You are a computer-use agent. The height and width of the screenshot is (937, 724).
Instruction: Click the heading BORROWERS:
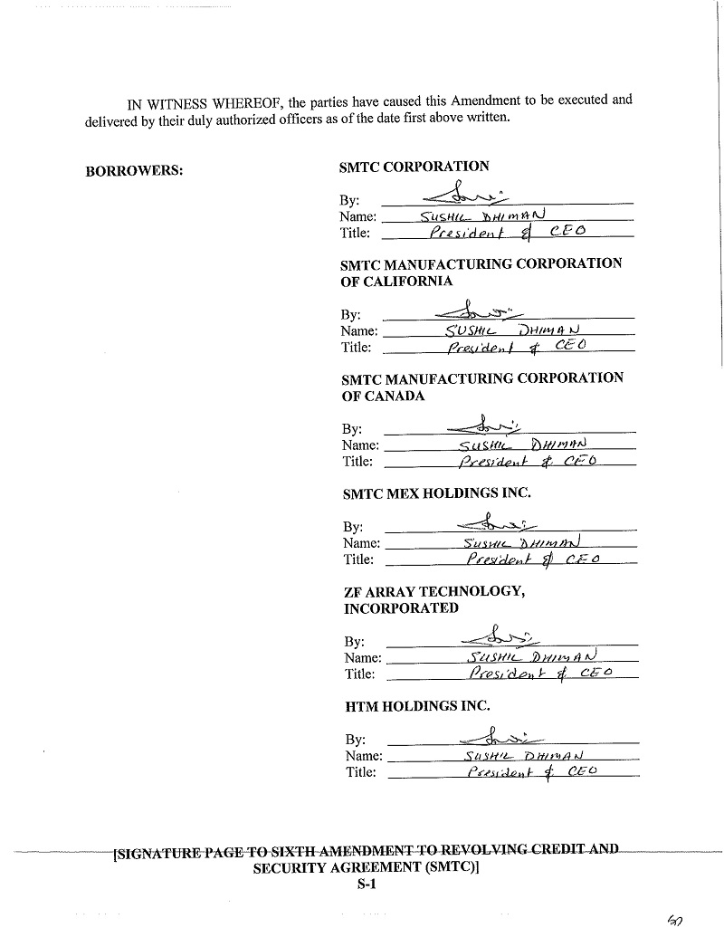click(134, 170)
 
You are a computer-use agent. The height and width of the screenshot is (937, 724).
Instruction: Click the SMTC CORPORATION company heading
click(414, 167)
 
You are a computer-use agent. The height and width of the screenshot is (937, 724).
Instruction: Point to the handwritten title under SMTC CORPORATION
click(507, 232)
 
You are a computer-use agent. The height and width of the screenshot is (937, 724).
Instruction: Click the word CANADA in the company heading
click(395, 396)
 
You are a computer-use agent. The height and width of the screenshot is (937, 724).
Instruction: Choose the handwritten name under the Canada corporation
click(523, 445)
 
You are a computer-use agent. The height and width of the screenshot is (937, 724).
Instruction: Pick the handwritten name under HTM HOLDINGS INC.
click(523, 756)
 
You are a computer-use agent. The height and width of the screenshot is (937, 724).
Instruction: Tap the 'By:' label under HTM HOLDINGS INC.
click(355, 740)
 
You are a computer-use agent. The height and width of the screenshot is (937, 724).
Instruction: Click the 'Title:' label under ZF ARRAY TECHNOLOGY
click(359, 674)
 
